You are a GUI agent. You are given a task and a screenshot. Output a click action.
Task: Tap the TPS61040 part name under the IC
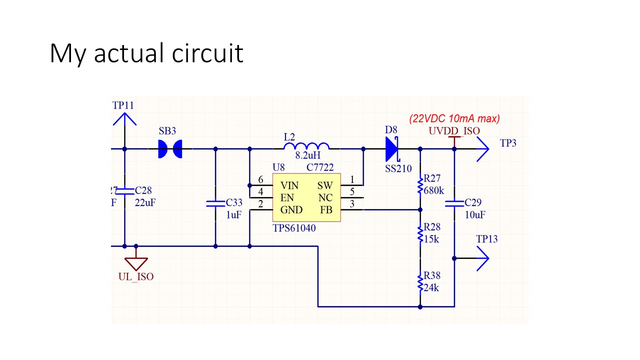pyautogui.click(x=294, y=228)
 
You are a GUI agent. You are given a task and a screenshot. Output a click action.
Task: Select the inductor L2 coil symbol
pyautogui.click(x=306, y=146)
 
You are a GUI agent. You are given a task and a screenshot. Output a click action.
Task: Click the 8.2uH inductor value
pyautogui.click(x=307, y=155)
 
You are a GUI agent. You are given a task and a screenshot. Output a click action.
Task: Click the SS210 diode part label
pyautogui.click(x=398, y=168)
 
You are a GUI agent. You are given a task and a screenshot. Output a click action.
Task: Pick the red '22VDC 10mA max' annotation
pyautogui.click(x=454, y=118)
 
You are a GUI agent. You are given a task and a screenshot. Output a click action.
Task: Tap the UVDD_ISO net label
pyautogui.click(x=454, y=131)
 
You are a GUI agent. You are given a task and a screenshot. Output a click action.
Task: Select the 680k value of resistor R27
pyautogui.click(x=433, y=190)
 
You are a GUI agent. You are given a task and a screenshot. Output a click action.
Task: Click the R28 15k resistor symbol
pyautogui.click(x=420, y=233)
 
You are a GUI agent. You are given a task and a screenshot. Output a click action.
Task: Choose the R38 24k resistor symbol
pyautogui.click(x=420, y=282)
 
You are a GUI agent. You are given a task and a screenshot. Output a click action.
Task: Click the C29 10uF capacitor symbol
pyautogui.click(x=454, y=203)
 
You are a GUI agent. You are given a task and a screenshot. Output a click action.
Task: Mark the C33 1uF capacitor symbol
pyautogui.click(x=215, y=203)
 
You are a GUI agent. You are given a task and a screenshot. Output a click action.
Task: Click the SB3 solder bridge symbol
pyautogui.click(x=169, y=148)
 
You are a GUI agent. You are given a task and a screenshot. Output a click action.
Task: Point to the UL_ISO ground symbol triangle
pyautogui.click(x=136, y=263)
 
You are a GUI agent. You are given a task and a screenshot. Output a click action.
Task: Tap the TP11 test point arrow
pyautogui.click(x=124, y=119)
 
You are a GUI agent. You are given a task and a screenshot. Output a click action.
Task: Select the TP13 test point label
pyautogui.click(x=487, y=239)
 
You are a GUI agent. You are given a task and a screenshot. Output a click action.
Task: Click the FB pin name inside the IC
pyautogui.click(x=326, y=210)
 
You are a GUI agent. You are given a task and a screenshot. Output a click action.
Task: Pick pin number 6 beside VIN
pyautogui.click(x=260, y=179)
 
